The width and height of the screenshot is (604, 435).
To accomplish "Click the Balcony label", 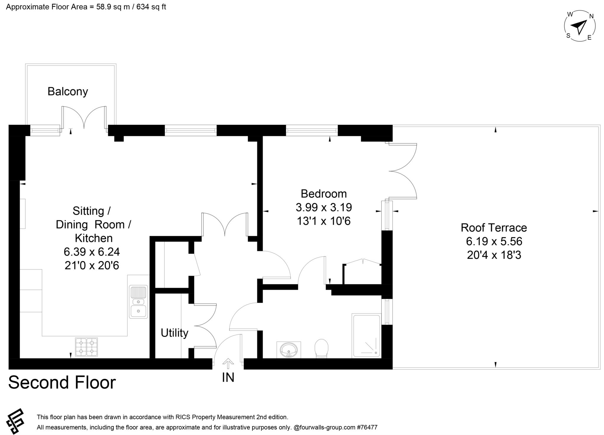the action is click(68, 92).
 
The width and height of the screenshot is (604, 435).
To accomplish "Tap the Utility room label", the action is click(174, 333).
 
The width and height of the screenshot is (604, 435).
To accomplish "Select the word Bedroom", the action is click(324, 194).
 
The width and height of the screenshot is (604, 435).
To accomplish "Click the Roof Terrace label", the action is click(494, 228).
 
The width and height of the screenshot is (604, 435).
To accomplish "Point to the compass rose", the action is click(580, 26).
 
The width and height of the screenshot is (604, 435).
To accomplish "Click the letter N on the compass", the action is click(591, 17).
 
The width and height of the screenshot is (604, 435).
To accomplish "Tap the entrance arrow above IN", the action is click(228, 363).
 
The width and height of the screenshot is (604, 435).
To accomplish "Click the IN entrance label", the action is click(228, 378).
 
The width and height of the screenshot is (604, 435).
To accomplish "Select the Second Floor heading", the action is click(62, 383).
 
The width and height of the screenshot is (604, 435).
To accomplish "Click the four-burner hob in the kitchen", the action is click(86, 347).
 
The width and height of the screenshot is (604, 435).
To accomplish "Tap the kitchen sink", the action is click(138, 302).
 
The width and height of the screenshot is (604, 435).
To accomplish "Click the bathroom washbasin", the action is click(289, 350).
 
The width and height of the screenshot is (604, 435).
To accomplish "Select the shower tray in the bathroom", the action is click(367, 336).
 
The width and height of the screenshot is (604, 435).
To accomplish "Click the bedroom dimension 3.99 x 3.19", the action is click(324, 207).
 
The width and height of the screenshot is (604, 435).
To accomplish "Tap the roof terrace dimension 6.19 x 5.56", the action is click(494, 241).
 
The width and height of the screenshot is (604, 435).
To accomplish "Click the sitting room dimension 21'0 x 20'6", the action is click(92, 266).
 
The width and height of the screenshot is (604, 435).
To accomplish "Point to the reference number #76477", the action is click(367, 427).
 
